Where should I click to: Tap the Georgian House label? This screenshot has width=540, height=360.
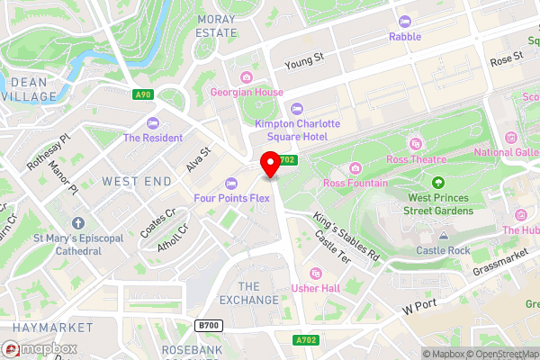(x=247, y=92)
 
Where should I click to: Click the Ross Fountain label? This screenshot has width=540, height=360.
(x=355, y=183)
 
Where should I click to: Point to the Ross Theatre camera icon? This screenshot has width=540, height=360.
(x=415, y=144)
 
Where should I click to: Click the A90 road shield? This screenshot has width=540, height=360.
(x=143, y=94)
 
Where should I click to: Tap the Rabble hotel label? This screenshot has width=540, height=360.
(x=404, y=37)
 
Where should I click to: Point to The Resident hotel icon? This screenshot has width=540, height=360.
(x=153, y=123)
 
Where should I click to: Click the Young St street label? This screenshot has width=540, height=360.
(x=303, y=60)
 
